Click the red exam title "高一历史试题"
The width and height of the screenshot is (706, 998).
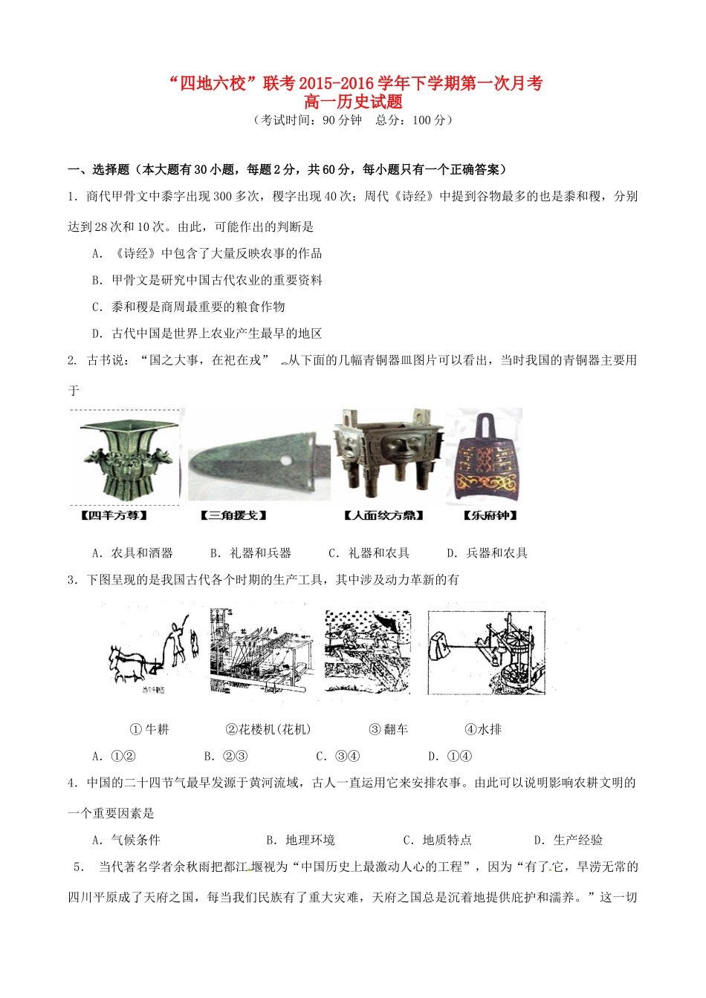(353, 102)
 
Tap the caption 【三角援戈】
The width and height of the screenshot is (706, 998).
(233, 515)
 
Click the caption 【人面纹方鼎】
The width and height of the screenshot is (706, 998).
(384, 515)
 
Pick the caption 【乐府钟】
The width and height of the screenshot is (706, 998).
(490, 515)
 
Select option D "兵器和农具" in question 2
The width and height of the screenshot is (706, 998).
(488, 553)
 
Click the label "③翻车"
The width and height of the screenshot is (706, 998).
(389, 730)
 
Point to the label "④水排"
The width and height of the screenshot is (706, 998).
(483, 730)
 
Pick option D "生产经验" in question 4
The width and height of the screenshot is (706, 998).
(569, 840)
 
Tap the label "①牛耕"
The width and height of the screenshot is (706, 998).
(149, 730)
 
